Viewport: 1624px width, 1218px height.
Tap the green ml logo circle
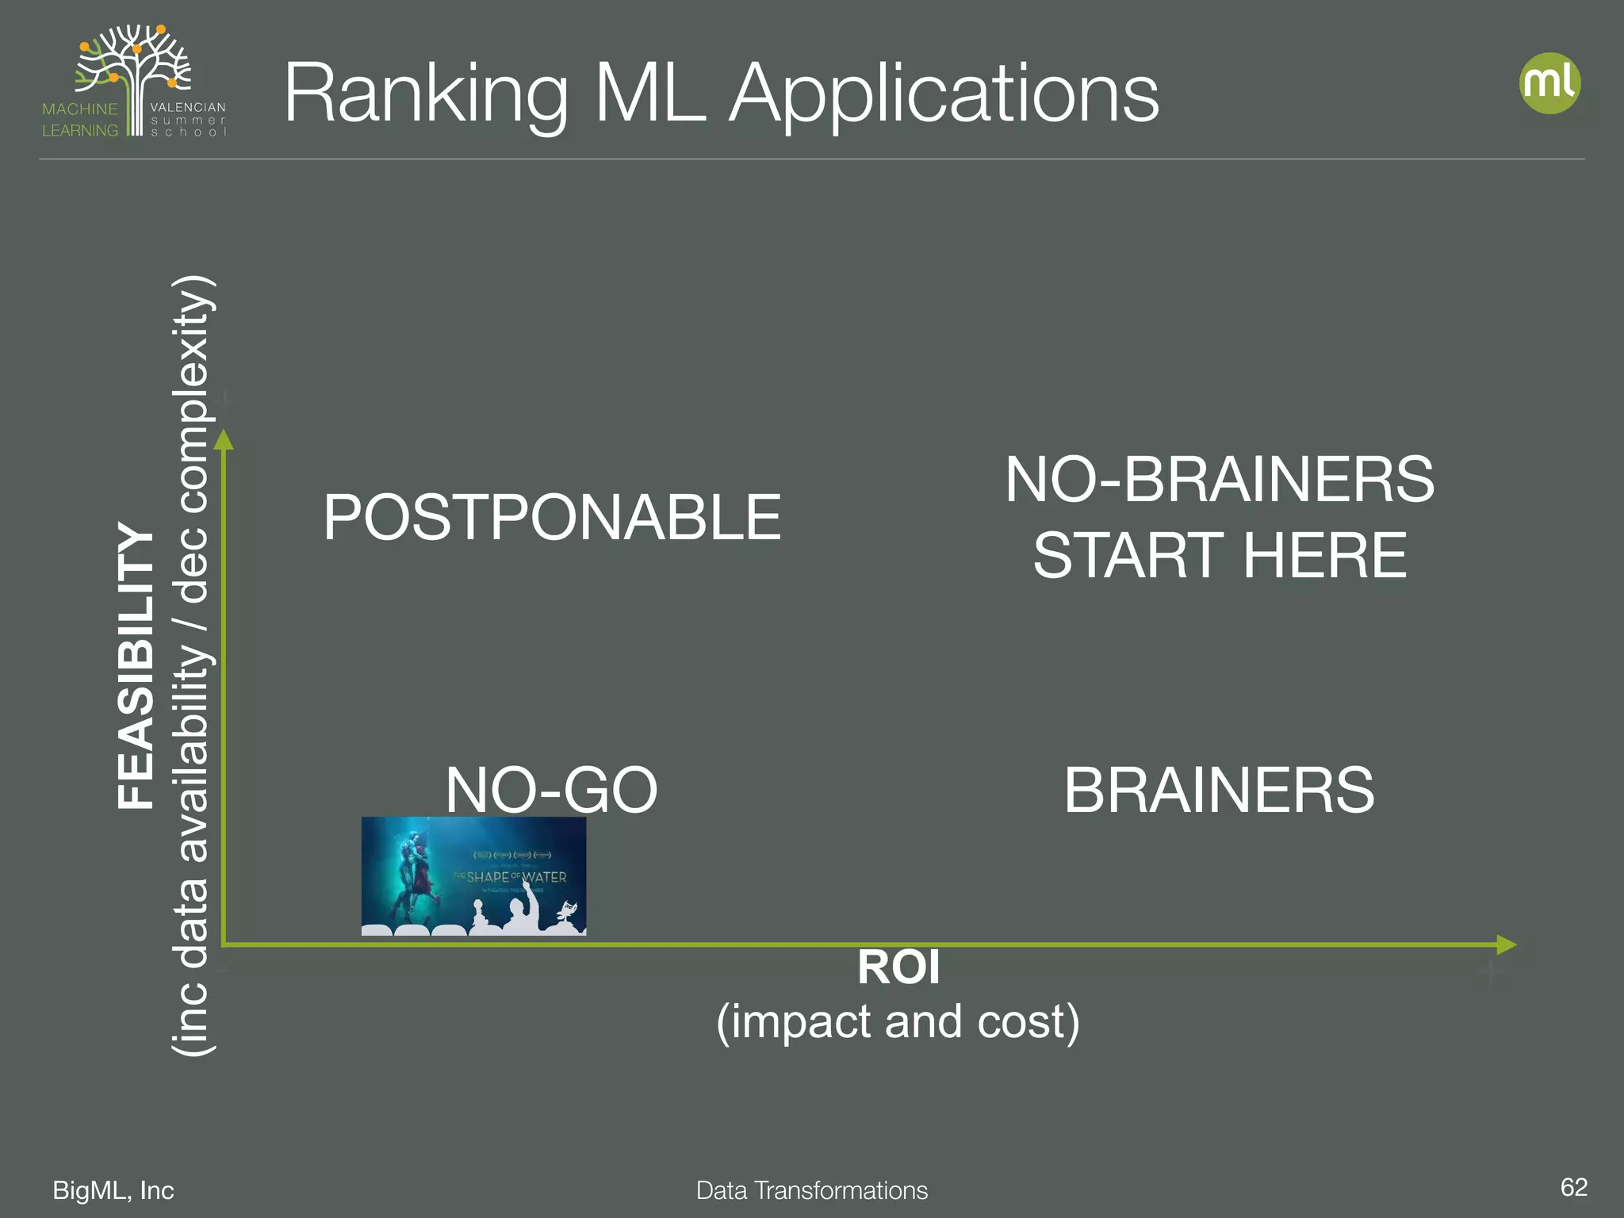click(1549, 83)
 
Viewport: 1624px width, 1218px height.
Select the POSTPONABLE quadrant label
click(552, 517)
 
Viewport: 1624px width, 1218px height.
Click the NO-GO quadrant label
click(551, 790)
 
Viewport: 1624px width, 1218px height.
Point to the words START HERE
click(1220, 555)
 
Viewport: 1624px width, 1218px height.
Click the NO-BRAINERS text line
click(1220, 480)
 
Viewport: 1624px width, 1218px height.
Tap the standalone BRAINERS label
click(1219, 790)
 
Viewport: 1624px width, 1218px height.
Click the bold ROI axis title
click(898, 967)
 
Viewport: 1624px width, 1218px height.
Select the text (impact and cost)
click(898, 1021)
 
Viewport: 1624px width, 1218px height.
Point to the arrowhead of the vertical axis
click(224, 440)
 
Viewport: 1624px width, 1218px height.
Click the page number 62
click(1573, 1187)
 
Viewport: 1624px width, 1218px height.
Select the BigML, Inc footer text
click(113, 1190)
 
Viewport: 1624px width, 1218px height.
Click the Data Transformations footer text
click(811, 1190)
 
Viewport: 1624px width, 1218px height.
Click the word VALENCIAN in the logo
click(188, 107)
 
